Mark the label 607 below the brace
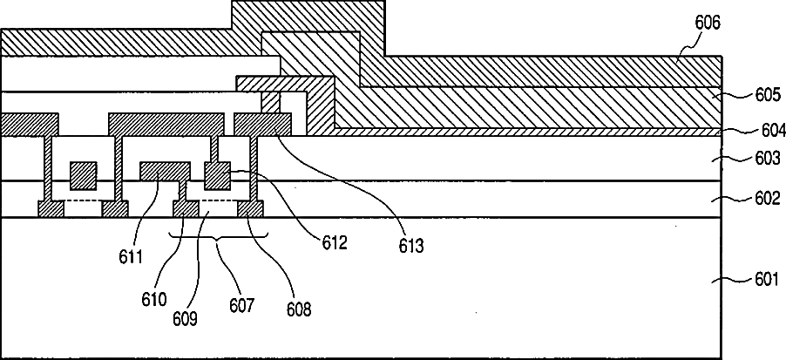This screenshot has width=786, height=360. click(241, 306)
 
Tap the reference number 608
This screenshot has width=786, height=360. click(299, 308)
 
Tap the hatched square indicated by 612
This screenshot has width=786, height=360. click(217, 175)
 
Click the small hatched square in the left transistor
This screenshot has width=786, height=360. click(83, 175)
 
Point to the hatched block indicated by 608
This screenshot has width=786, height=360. click(251, 208)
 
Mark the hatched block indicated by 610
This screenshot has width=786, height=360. click(186, 208)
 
